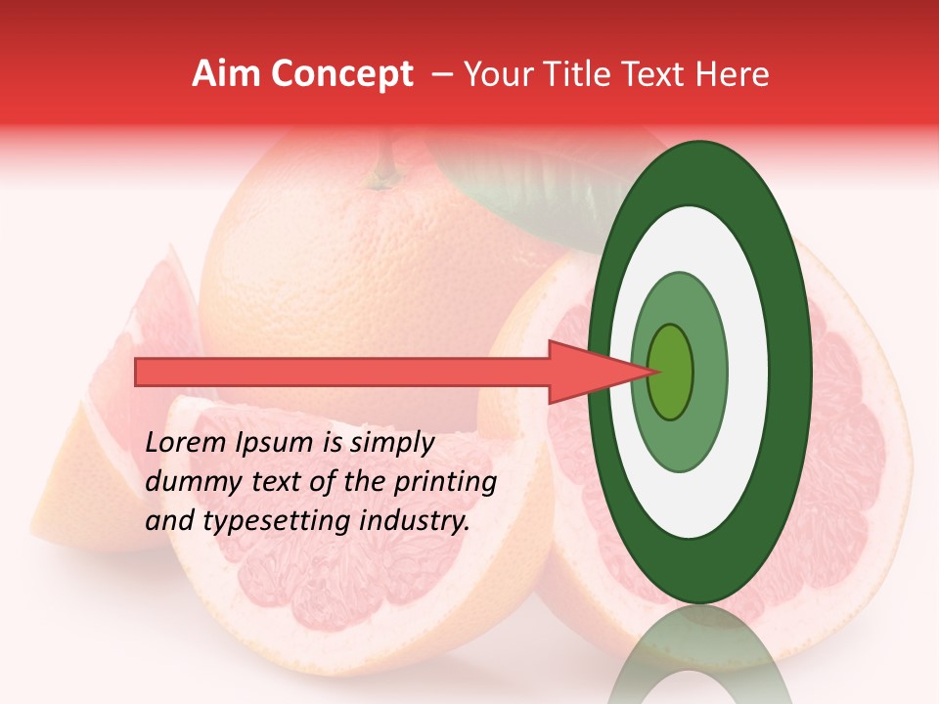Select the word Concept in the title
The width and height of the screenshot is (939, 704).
coord(340,75)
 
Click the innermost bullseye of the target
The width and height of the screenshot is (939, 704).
coord(670,373)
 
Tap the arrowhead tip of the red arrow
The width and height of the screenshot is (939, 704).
coord(657,372)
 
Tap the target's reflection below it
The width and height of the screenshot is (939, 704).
coord(698,655)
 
